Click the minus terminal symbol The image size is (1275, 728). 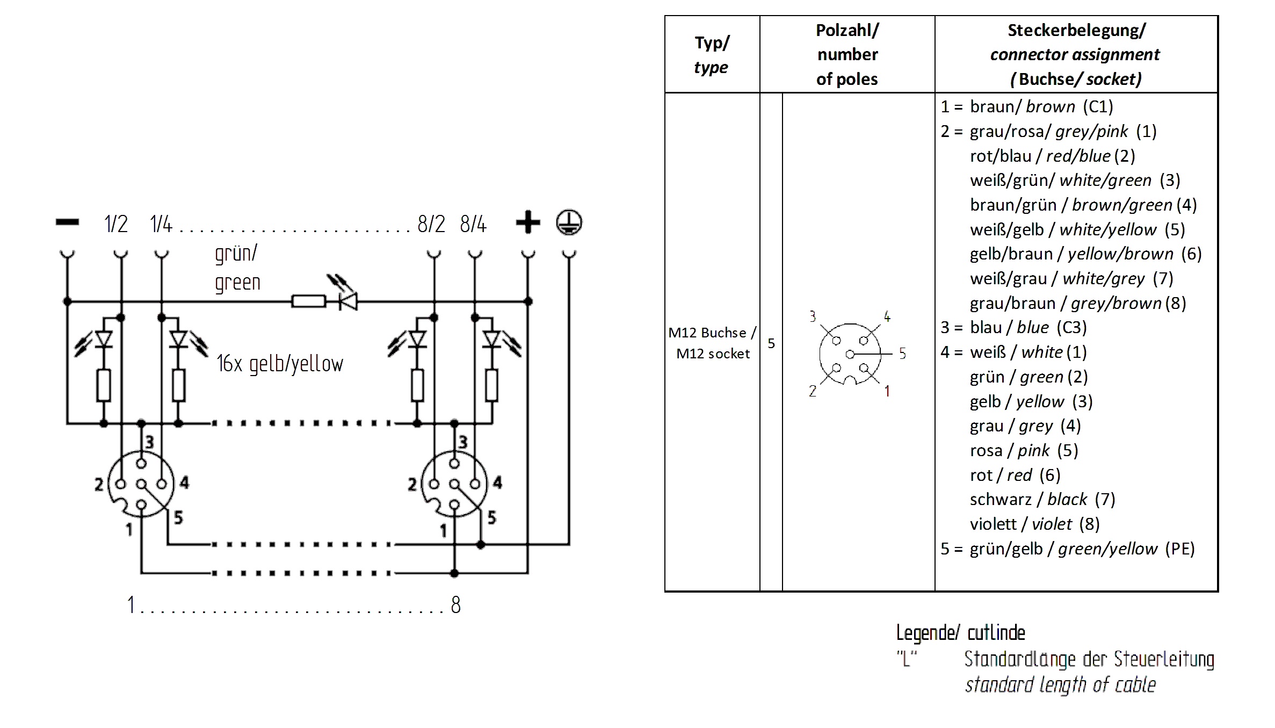point(67,222)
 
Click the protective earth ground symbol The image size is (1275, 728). point(569,222)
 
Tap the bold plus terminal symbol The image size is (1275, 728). point(527,222)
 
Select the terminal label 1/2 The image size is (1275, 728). point(116,224)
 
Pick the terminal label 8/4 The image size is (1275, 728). point(473,224)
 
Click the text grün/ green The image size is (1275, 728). point(237,268)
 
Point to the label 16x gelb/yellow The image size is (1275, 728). point(279,364)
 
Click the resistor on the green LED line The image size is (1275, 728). point(308,301)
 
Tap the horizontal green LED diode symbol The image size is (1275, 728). point(348,301)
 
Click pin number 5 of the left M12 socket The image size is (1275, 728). point(178,517)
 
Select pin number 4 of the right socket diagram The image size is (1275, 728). point(497,482)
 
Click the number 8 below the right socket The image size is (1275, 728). point(455,605)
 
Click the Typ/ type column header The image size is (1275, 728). point(712,54)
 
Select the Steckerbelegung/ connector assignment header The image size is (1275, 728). point(1075,54)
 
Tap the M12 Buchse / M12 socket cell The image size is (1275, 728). point(712,343)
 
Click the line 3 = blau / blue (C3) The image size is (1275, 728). point(1013,327)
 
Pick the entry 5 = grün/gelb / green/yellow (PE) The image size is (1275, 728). point(1067,549)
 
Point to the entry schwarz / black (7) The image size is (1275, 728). point(1042,499)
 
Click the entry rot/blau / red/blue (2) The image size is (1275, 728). point(1052,156)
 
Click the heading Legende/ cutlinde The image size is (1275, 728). point(960,633)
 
